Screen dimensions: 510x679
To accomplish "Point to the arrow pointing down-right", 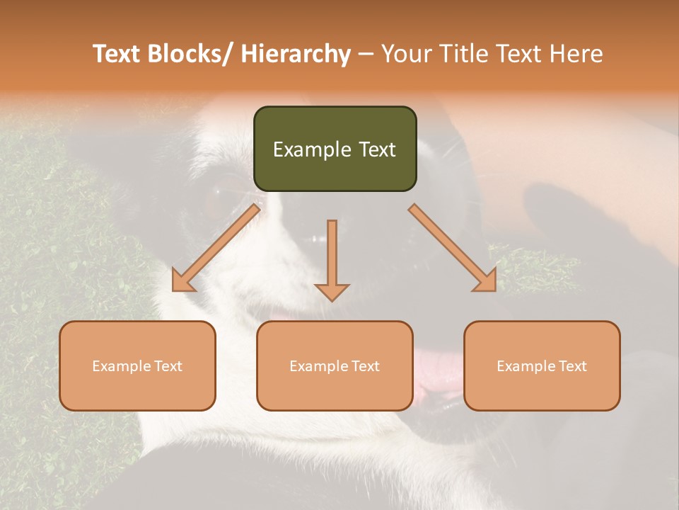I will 453,248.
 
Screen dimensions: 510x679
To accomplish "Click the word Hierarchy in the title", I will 295,54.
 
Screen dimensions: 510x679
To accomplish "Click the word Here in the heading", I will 576,54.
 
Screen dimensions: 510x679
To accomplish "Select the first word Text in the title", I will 118,54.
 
